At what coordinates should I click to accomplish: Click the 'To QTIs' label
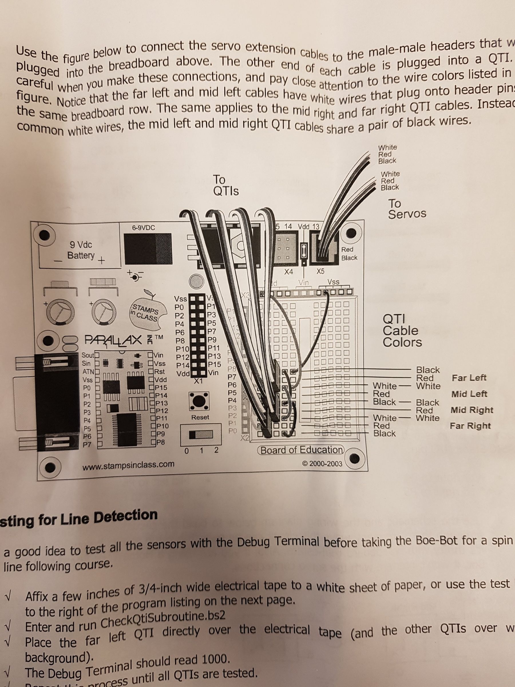[226, 185]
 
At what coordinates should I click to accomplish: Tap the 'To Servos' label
[407, 208]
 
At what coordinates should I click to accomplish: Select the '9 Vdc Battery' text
[81, 250]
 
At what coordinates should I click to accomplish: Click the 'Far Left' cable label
[469, 378]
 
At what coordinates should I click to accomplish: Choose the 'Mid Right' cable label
[472, 410]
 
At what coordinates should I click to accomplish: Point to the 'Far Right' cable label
[470, 426]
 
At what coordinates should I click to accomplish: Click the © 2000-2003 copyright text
[322, 464]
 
